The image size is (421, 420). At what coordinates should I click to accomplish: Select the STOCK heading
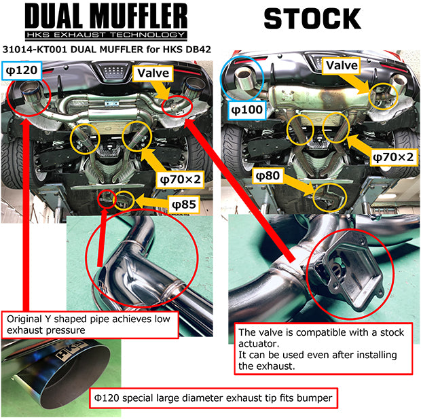pyautogui.click(x=312, y=18)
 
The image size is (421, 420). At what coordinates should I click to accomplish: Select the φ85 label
pyautogui.click(x=179, y=204)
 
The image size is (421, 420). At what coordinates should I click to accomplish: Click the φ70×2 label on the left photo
pyautogui.click(x=179, y=179)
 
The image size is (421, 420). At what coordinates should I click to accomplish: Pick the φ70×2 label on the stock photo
pyautogui.click(x=392, y=157)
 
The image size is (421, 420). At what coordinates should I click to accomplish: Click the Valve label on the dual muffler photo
pyautogui.click(x=155, y=73)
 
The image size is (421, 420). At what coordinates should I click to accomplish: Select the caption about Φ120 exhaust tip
pyautogui.click(x=214, y=398)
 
